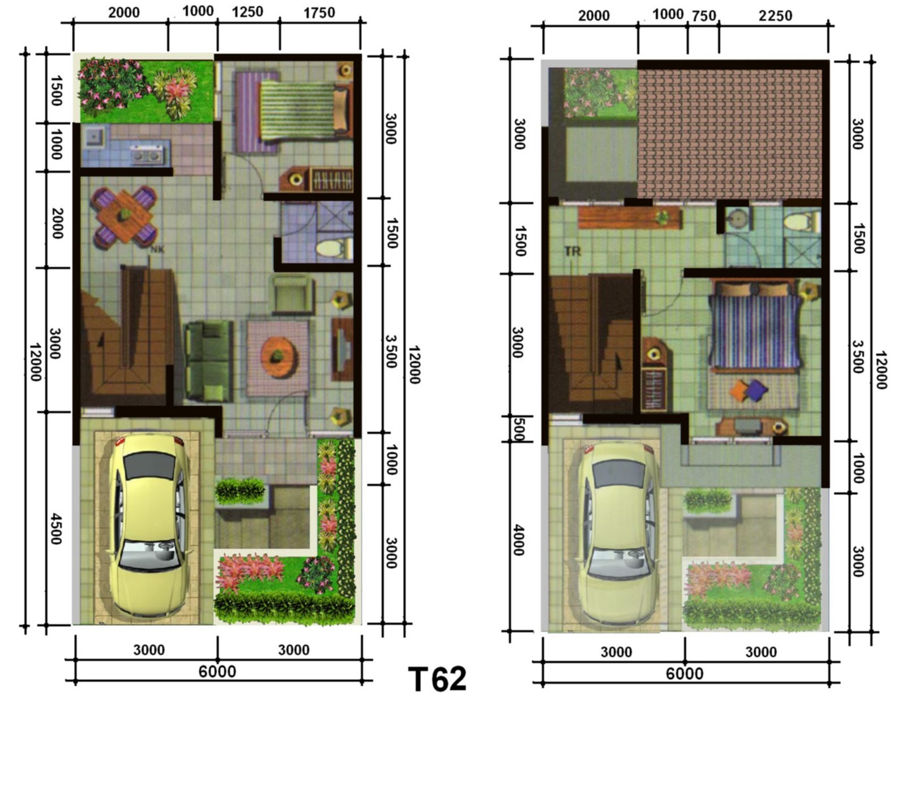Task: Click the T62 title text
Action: pos(437,679)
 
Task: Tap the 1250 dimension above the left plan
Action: pos(247,12)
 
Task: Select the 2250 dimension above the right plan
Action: pos(775,15)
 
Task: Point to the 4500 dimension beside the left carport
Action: pos(55,529)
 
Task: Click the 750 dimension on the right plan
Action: pos(704,16)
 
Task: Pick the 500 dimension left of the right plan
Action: pos(518,429)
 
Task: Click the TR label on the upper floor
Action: pos(572,251)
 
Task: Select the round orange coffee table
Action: pos(279,357)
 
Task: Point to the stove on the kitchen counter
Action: pos(147,154)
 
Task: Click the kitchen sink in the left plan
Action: pos(94,137)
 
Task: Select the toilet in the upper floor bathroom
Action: pos(801,221)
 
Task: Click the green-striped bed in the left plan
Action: pos(305,110)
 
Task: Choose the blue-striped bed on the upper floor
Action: pos(755,326)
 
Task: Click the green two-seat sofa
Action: pos(209,361)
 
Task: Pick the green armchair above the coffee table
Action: pos(292,295)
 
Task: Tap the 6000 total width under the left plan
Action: pos(217,671)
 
